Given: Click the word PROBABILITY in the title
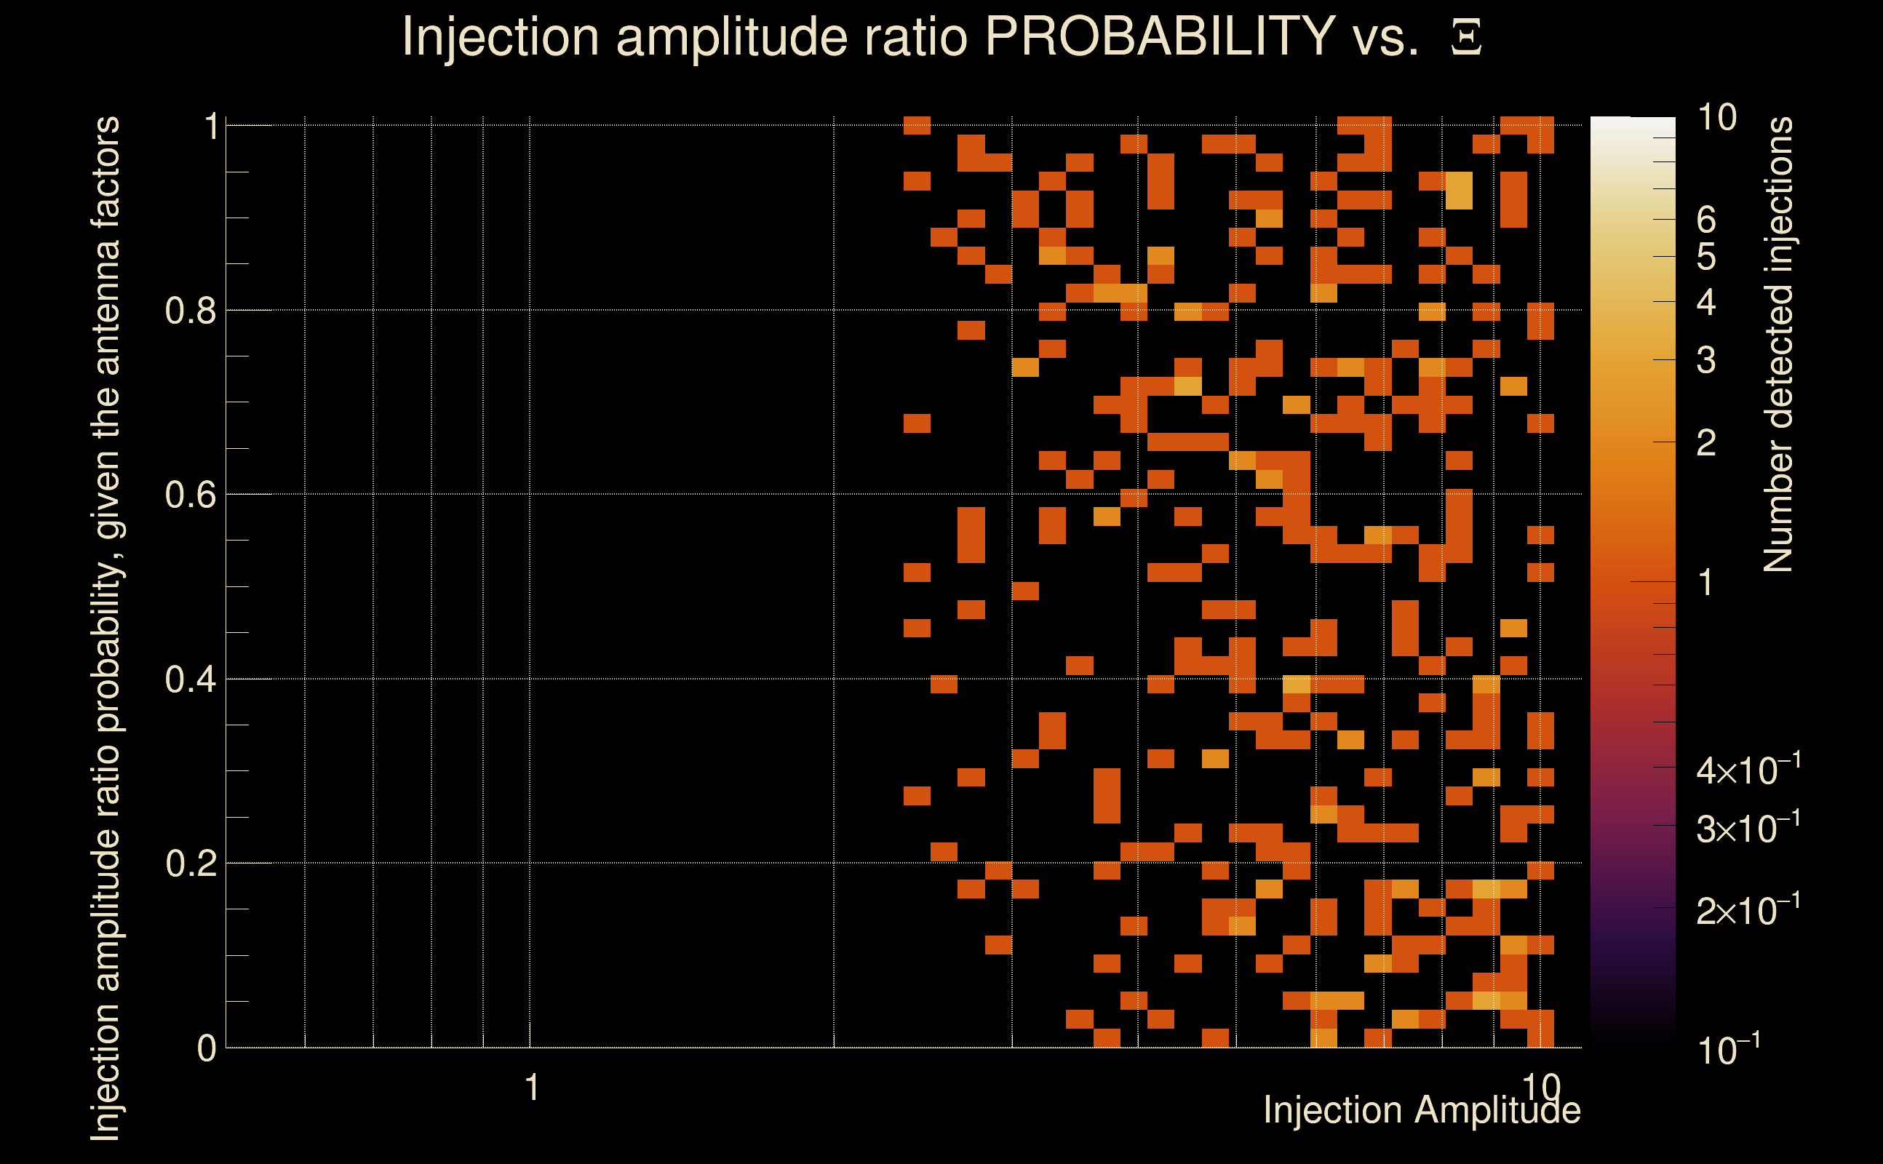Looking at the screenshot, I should (x=1160, y=36).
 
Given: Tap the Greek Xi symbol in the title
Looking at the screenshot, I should (x=1466, y=38).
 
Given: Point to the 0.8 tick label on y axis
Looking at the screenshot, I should (x=190, y=311).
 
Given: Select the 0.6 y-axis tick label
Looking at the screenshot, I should (x=190, y=495).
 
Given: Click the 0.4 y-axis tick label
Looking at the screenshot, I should (x=190, y=679).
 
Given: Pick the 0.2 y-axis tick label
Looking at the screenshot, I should (x=190, y=864).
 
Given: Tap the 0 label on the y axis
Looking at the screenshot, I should (x=207, y=1048).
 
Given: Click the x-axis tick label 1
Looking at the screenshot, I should (x=531, y=1088).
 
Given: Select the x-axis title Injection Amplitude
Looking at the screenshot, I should (x=1421, y=1110).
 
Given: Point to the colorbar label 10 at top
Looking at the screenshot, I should (x=1716, y=118).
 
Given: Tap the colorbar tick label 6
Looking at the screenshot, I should (x=1706, y=220).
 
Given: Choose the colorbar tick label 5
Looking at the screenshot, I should (x=1706, y=257).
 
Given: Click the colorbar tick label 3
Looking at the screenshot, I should (x=1706, y=360).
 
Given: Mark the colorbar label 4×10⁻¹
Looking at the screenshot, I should (x=1748, y=770).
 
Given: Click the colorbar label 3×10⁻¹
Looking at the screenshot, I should (x=1748, y=829).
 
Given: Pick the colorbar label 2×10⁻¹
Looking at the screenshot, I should (x=1748, y=911).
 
